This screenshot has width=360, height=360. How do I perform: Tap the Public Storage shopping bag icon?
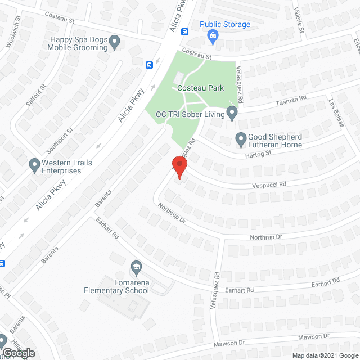(213, 38)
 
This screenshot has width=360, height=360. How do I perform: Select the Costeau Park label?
(200, 88)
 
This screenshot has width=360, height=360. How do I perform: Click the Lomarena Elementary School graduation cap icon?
(136, 265)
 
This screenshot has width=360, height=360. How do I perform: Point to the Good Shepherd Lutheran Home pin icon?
(241, 137)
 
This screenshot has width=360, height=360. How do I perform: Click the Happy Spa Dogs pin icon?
(115, 41)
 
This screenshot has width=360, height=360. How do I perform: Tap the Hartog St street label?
(258, 152)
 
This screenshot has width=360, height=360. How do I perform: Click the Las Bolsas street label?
(336, 112)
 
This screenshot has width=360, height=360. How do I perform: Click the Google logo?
(18, 353)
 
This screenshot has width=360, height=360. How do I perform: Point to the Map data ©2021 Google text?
(325, 355)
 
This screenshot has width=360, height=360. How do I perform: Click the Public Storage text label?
(225, 25)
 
